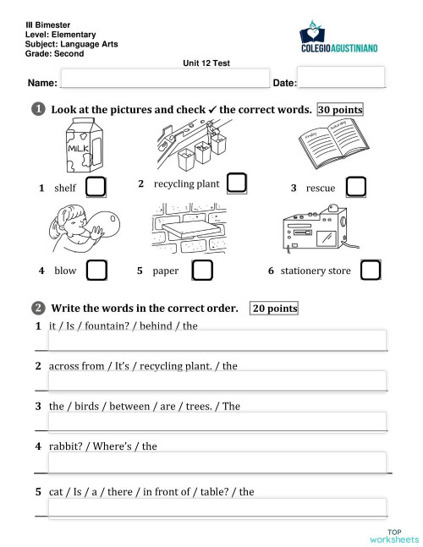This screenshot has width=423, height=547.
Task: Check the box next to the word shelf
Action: point(96,186)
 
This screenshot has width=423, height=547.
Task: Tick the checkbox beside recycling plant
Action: point(237,183)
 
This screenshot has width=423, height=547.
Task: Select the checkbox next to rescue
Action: point(357,186)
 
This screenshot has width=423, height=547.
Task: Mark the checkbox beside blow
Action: point(97,270)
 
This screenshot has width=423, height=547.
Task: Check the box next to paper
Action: point(202,270)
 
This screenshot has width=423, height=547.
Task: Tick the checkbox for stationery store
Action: point(371,270)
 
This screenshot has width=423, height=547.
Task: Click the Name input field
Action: point(164,79)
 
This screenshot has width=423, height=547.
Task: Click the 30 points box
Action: point(340,110)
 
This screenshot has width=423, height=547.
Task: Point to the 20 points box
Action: point(275,309)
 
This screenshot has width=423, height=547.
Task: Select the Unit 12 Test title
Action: point(206,63)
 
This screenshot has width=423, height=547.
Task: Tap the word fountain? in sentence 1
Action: point(101,325)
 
